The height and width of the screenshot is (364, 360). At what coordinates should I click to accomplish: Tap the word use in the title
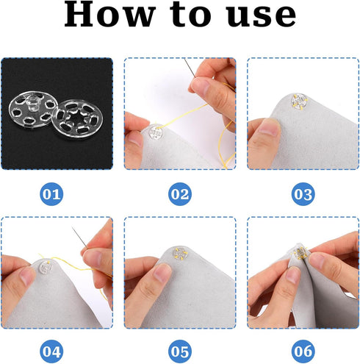coord(254,17)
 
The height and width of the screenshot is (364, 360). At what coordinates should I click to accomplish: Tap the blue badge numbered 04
coord(52,350)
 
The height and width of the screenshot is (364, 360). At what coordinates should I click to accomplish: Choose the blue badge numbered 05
coord(180,350)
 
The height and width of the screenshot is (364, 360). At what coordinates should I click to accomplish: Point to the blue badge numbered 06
coord(302,350)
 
